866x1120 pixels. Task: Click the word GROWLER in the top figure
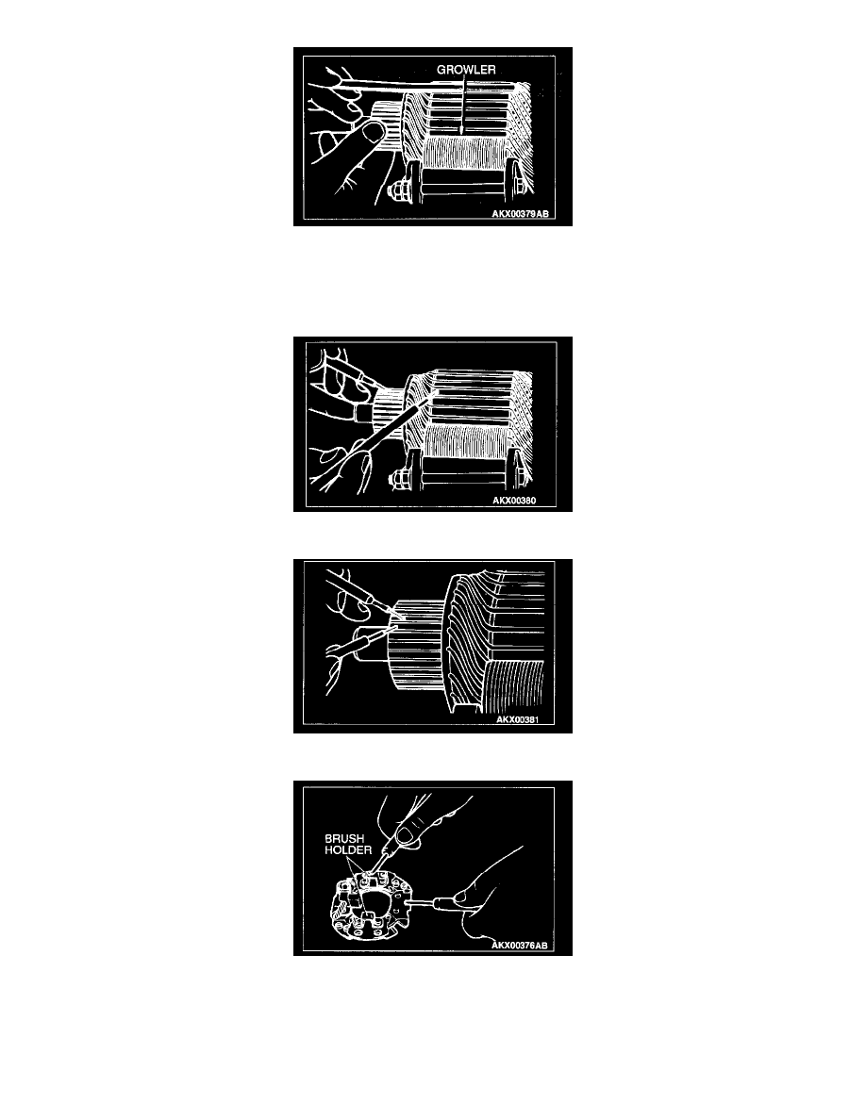[466, 69]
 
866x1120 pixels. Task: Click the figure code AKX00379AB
[520, 214]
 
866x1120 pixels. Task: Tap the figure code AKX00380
[514, 500]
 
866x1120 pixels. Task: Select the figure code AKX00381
[517, 719]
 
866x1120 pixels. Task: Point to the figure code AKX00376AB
[520, 945]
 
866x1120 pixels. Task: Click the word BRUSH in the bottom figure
[344, 838]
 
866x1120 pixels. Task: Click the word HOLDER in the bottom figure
[348, 850]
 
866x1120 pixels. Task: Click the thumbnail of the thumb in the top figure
[373, 132]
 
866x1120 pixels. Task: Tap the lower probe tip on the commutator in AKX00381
[394, 627]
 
